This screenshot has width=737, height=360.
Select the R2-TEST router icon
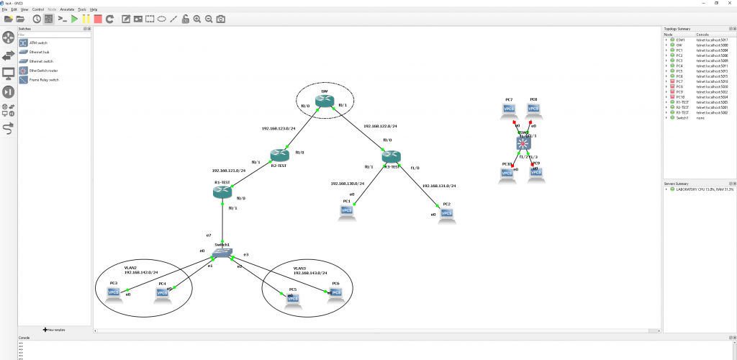tap(279, 155)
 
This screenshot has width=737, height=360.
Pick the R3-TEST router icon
tap(391, 156)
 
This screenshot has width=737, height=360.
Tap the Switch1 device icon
tap(223, 253)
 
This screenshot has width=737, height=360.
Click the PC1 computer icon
tap(346, 210)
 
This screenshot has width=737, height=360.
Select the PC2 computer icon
tap(447, 214)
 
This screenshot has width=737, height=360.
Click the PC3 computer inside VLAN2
tap(113, 292)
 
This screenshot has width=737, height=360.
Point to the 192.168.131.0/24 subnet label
tap(439, 186)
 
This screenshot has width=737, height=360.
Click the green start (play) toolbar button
tap(74, 19)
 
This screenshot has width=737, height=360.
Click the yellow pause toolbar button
tap(86, 19)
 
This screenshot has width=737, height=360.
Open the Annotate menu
tap(67, 9)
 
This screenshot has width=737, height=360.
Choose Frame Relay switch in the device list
tap(44, 79)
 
